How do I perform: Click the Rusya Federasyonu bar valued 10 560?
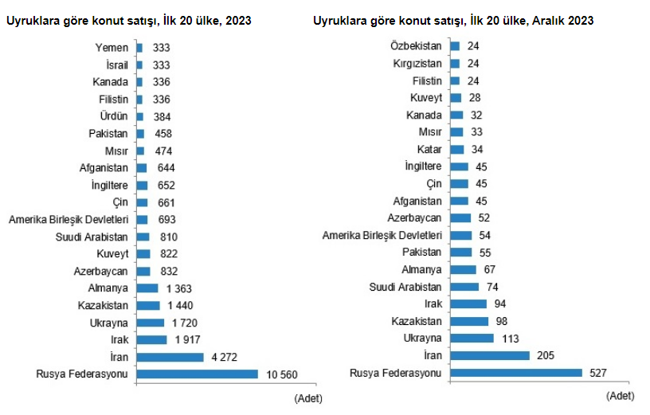(198, 374)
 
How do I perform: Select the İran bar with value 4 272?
(170, 357)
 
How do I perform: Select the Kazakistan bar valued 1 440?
(148, 305)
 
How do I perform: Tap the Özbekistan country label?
(416, 46)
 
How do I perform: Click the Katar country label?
(429, 149)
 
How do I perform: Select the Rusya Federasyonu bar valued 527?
(518, 372)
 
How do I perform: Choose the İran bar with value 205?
(490, 355)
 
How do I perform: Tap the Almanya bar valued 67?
(463, 270)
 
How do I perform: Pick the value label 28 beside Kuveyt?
(474, 98)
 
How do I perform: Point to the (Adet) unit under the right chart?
(620, 395)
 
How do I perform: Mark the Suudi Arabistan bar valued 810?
(143, 237)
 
